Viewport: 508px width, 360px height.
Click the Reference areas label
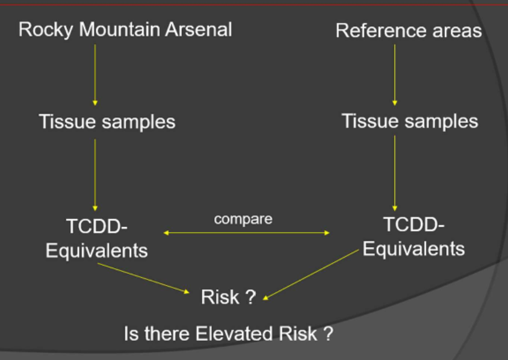[409, 30]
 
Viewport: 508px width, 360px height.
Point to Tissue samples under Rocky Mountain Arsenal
[107, 122]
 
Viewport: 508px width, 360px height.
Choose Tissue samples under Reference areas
[410, 121]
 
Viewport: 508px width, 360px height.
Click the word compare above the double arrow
[243, 219]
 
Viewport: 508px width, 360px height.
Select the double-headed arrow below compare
[246, 233]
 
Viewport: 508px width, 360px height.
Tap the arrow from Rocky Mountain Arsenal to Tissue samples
[95, 74]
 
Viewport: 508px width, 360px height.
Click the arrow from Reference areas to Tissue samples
[394, 74]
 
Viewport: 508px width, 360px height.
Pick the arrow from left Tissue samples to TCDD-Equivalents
[95, 174]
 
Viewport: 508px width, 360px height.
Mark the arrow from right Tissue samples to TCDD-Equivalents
[394, 173]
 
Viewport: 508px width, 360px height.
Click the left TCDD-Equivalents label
[97, 238]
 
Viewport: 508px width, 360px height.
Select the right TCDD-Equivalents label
[414, 236]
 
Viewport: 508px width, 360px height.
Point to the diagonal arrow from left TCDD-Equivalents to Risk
[143, 277]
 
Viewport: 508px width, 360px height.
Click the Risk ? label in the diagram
[228, 297]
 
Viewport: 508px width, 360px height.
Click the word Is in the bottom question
[130, 334]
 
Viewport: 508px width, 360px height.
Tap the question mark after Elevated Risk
[328, 334]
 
